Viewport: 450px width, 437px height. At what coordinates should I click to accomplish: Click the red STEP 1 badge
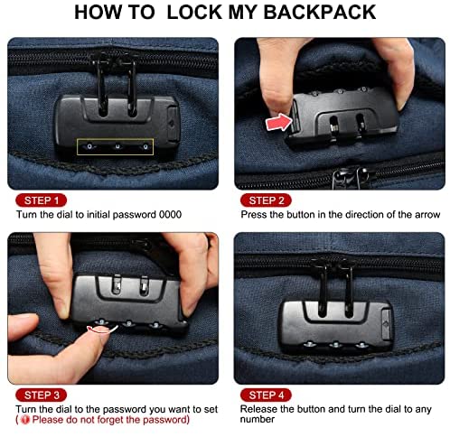[41, 200]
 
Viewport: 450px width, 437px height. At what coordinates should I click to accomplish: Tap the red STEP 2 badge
[266, 200]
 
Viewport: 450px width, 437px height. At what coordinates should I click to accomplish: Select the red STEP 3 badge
[41, 395]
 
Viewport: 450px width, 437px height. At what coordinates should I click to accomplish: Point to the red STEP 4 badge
[266, 395]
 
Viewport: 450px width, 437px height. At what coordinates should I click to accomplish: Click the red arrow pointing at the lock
[278, 122]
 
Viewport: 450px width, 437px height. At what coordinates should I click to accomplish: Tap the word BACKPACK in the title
[320, 13]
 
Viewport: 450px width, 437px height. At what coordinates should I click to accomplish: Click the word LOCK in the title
[194, 13]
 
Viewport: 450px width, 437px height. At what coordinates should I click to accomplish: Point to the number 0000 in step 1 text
[170, 215]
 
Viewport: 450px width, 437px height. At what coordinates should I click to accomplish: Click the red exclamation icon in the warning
[25, 420]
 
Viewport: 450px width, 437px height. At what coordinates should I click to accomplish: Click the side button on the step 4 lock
[387, 324]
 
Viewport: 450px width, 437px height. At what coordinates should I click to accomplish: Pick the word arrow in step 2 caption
[427, 215]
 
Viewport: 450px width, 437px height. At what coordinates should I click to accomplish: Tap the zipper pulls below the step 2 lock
[352, 178]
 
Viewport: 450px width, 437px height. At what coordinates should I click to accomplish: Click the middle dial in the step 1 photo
[117, 147]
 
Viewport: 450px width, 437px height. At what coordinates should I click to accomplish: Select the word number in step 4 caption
[258, 420]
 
